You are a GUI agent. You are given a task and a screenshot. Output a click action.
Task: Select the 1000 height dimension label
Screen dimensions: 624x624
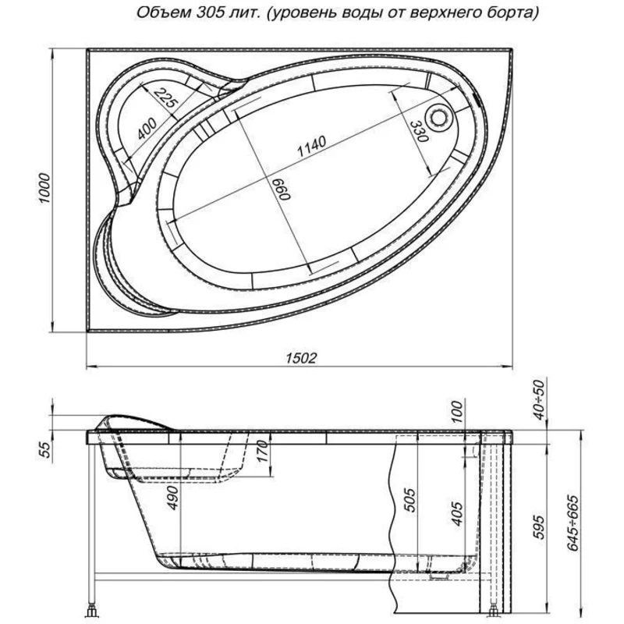click(46, 190)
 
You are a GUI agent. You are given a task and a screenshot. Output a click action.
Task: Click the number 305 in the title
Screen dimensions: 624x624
click(208, 13)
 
